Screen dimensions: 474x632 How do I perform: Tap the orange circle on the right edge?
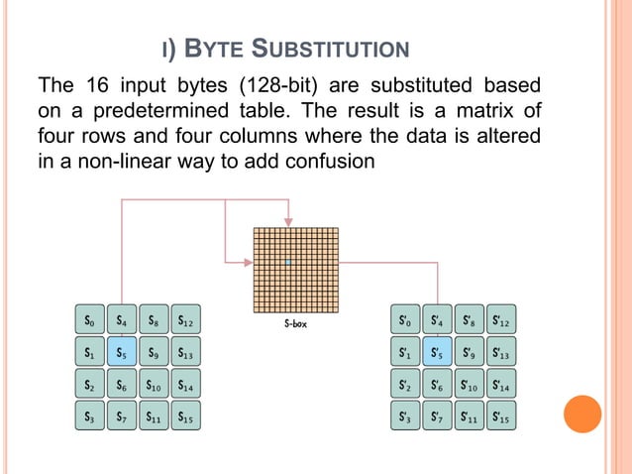(x=582, y=415)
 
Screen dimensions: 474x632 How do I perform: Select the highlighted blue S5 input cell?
(x=121, y=350)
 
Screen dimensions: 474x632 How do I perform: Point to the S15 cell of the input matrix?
(x=185, y=417)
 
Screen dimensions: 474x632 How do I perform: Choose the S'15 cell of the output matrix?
(x=502, y=417)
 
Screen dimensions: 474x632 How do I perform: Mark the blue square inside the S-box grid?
(x=286, y=263)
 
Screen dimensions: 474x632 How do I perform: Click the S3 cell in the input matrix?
(x=88, y=417)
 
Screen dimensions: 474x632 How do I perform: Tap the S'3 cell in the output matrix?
(x=405, y=417)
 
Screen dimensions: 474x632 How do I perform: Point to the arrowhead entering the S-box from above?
(x=287, y=222)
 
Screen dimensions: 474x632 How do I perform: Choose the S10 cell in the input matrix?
(x=153, y=384)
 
